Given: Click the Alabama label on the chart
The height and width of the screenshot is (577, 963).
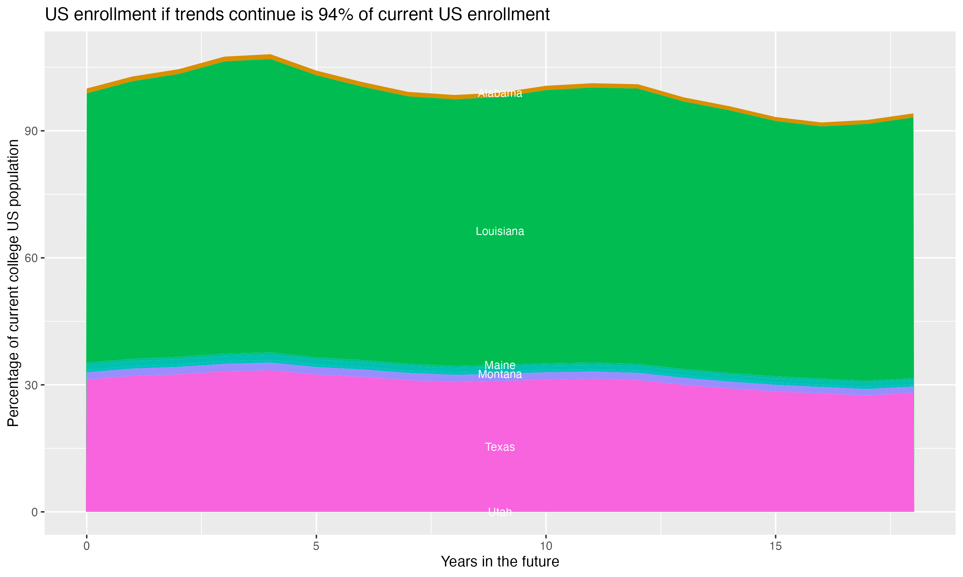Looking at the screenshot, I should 500,93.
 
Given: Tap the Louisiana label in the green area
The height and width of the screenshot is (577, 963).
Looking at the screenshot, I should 500,231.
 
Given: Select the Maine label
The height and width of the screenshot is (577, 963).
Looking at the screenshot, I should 500,365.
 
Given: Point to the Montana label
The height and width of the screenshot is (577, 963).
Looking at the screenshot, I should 500,374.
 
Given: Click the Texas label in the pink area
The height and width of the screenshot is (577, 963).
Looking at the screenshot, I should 500,447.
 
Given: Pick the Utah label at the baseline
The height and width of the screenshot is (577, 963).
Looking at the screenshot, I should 500,512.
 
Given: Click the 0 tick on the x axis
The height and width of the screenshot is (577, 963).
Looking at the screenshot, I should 86,546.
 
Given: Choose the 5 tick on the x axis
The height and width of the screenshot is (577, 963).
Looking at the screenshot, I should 316,546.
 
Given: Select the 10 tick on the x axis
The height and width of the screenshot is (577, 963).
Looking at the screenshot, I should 546,546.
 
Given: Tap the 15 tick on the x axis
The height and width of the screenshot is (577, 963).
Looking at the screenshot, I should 776,546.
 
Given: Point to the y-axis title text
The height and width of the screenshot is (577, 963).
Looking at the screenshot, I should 13,283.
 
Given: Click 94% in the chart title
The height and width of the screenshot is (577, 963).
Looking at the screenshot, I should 334,15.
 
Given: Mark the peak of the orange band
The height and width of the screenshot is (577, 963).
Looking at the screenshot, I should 270,57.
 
